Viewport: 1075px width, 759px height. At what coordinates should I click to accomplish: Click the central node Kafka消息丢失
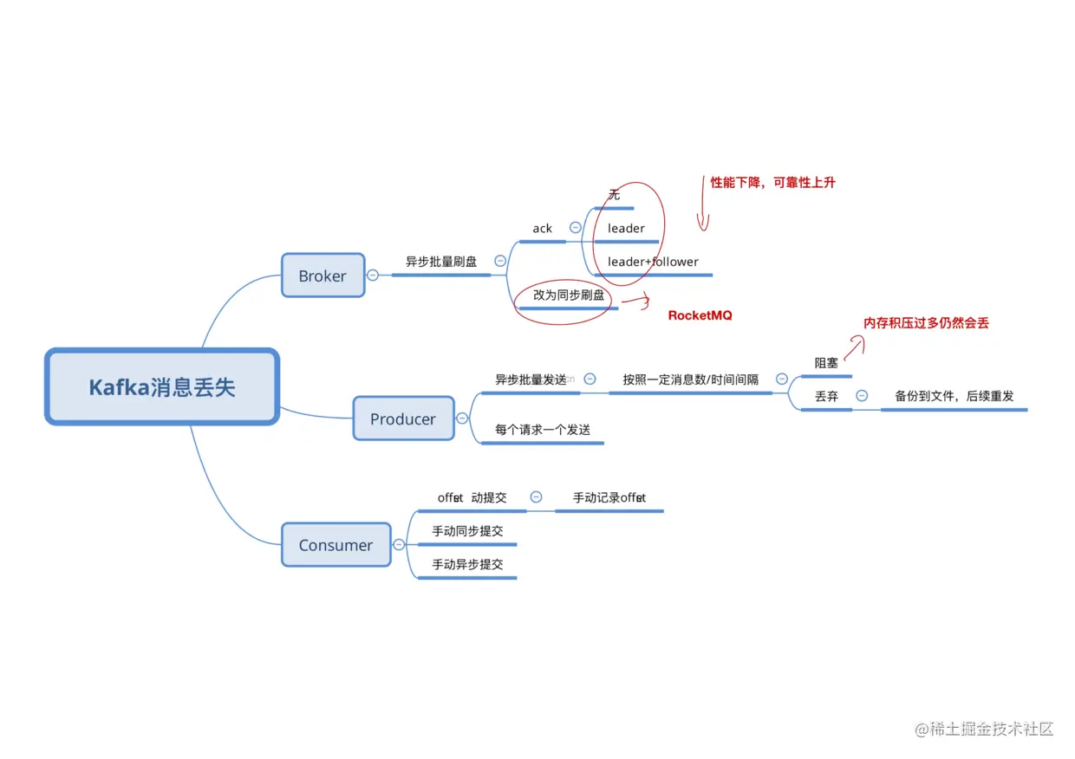162,386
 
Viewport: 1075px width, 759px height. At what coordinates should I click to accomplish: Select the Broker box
322,276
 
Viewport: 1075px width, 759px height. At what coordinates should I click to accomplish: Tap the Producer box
403,418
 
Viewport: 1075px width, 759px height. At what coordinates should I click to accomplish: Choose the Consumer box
336,545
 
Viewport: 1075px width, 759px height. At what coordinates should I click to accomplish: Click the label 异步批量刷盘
441,261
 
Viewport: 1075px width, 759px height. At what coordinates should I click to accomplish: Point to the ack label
543,229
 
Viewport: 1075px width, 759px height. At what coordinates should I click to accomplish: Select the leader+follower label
653,262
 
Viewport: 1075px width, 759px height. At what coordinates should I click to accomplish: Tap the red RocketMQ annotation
700,315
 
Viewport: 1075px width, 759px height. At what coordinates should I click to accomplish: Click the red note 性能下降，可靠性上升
772,182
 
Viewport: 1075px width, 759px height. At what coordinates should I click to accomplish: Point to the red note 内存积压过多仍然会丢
926,323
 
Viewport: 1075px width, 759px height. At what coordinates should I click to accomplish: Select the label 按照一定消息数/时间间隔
690,379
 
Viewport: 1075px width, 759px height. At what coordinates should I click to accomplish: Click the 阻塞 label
826,363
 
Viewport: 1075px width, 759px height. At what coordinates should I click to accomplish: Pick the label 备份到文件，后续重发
954,396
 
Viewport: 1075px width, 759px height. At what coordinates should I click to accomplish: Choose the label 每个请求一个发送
543,429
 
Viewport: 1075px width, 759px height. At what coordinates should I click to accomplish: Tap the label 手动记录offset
609,497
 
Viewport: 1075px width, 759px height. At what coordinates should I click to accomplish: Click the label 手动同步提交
467,531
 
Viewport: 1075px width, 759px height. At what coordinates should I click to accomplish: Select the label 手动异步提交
467,564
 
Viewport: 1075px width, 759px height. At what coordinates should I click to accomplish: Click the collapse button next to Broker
373,276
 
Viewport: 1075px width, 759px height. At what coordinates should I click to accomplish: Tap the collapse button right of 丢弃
862,396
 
